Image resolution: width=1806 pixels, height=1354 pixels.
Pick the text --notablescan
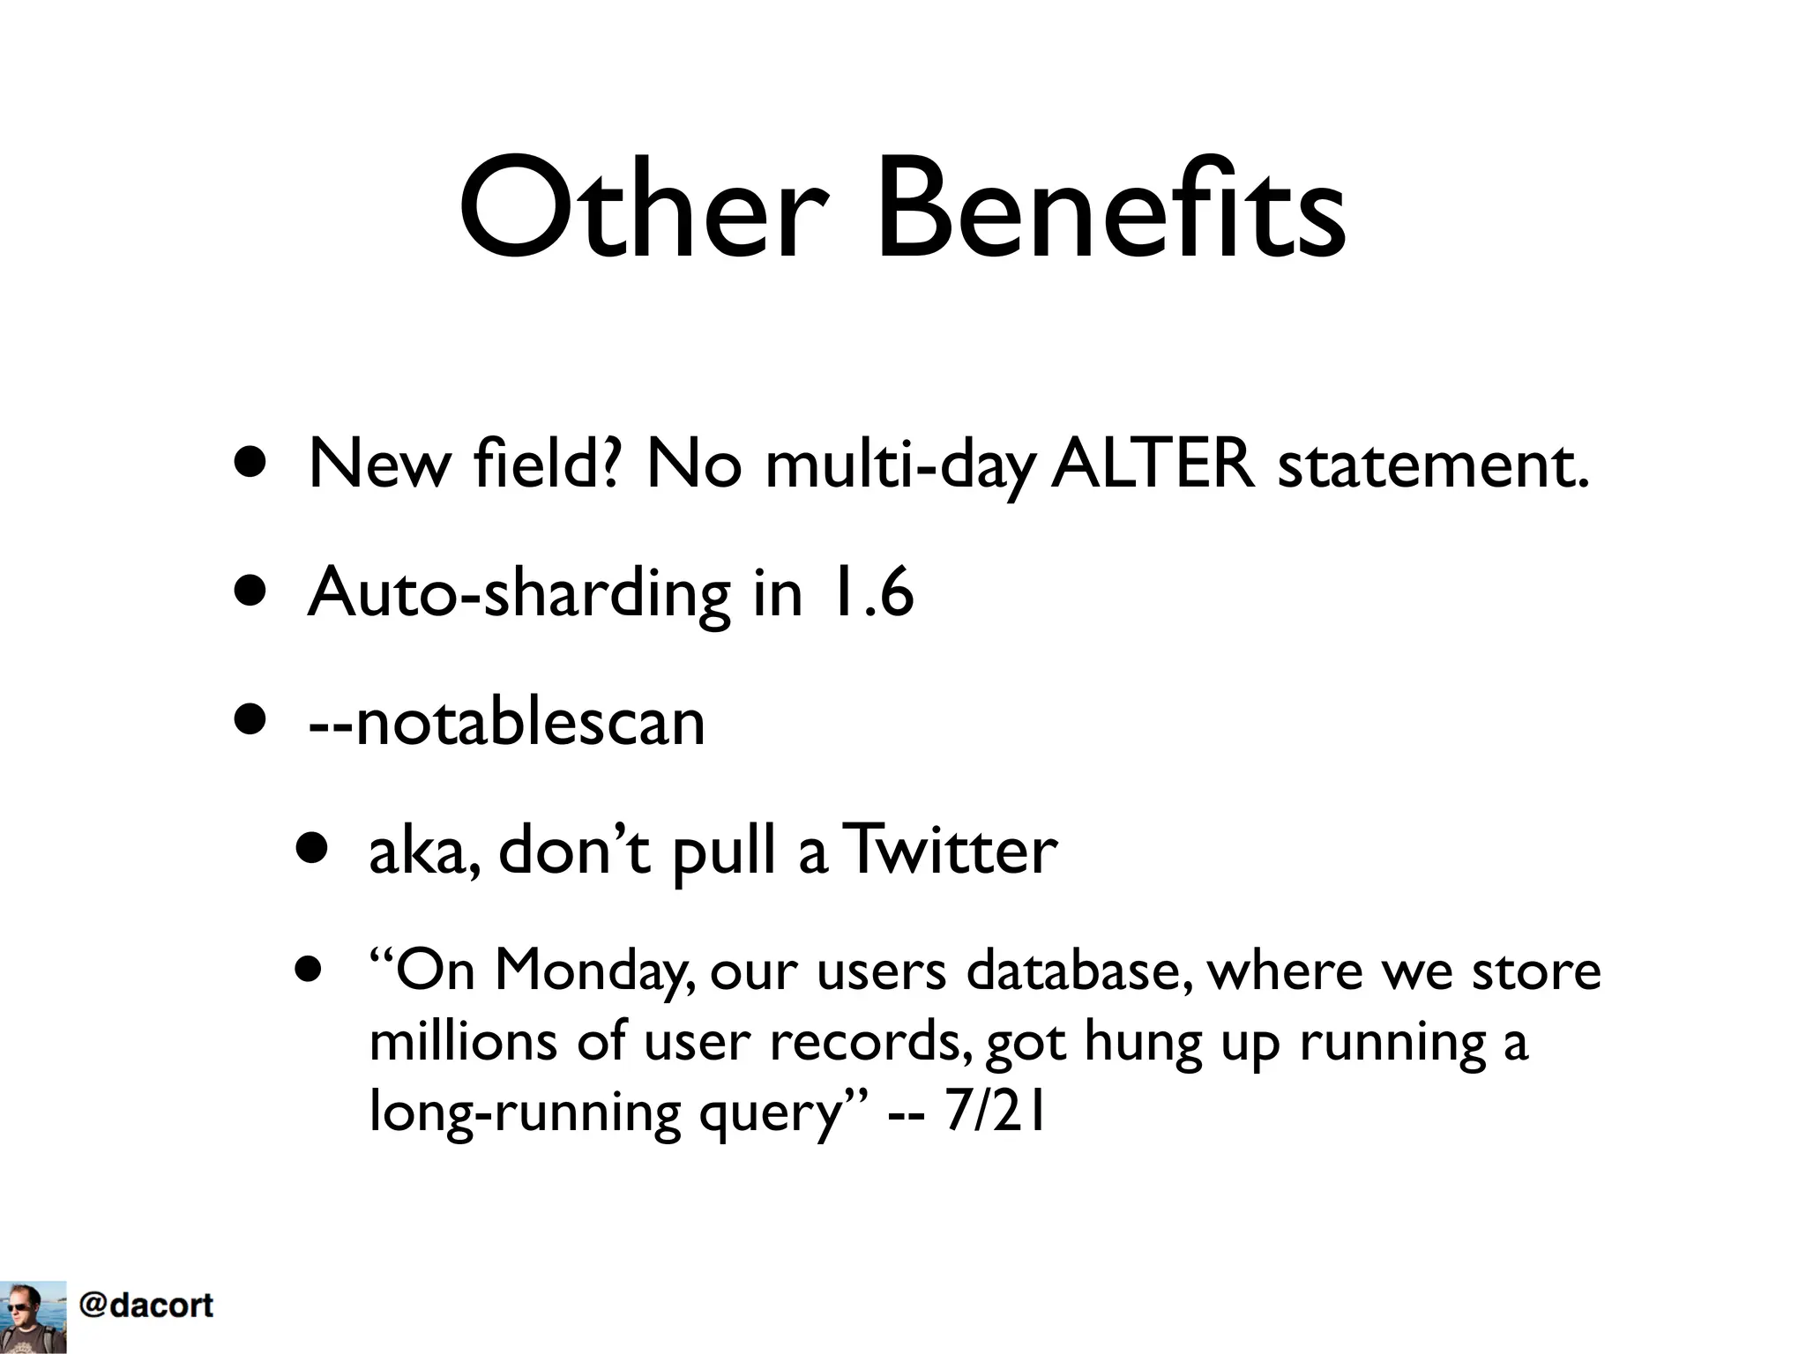point(506,721)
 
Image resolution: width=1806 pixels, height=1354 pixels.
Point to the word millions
point(463,1041)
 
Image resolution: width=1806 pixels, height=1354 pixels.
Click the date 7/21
point(995,1112)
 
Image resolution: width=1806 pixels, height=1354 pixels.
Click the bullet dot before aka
point(312,849)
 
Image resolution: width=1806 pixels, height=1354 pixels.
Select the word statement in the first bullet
point(1432,465)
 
